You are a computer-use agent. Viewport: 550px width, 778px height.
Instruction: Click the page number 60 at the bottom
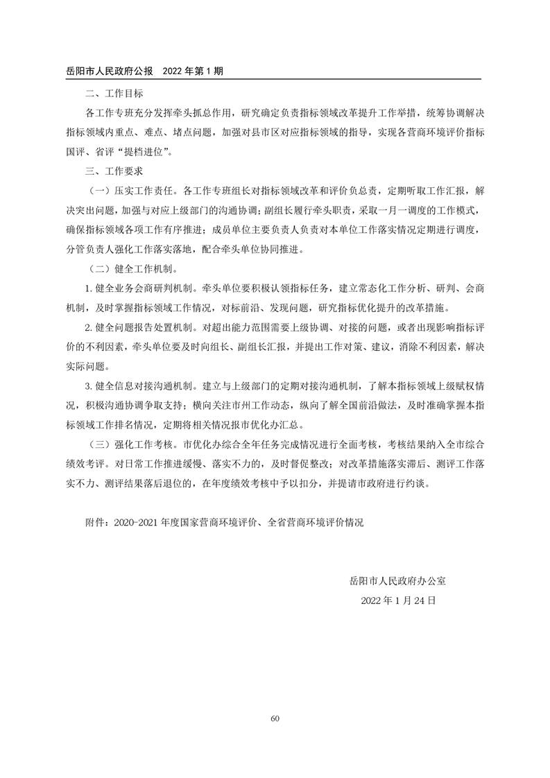click(275, 718)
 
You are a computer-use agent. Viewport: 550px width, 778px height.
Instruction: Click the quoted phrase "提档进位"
click(146, 150)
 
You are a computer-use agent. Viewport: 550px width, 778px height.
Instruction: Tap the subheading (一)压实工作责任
click(131, 189)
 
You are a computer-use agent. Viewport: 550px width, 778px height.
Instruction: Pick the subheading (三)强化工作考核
click(131, 442)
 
